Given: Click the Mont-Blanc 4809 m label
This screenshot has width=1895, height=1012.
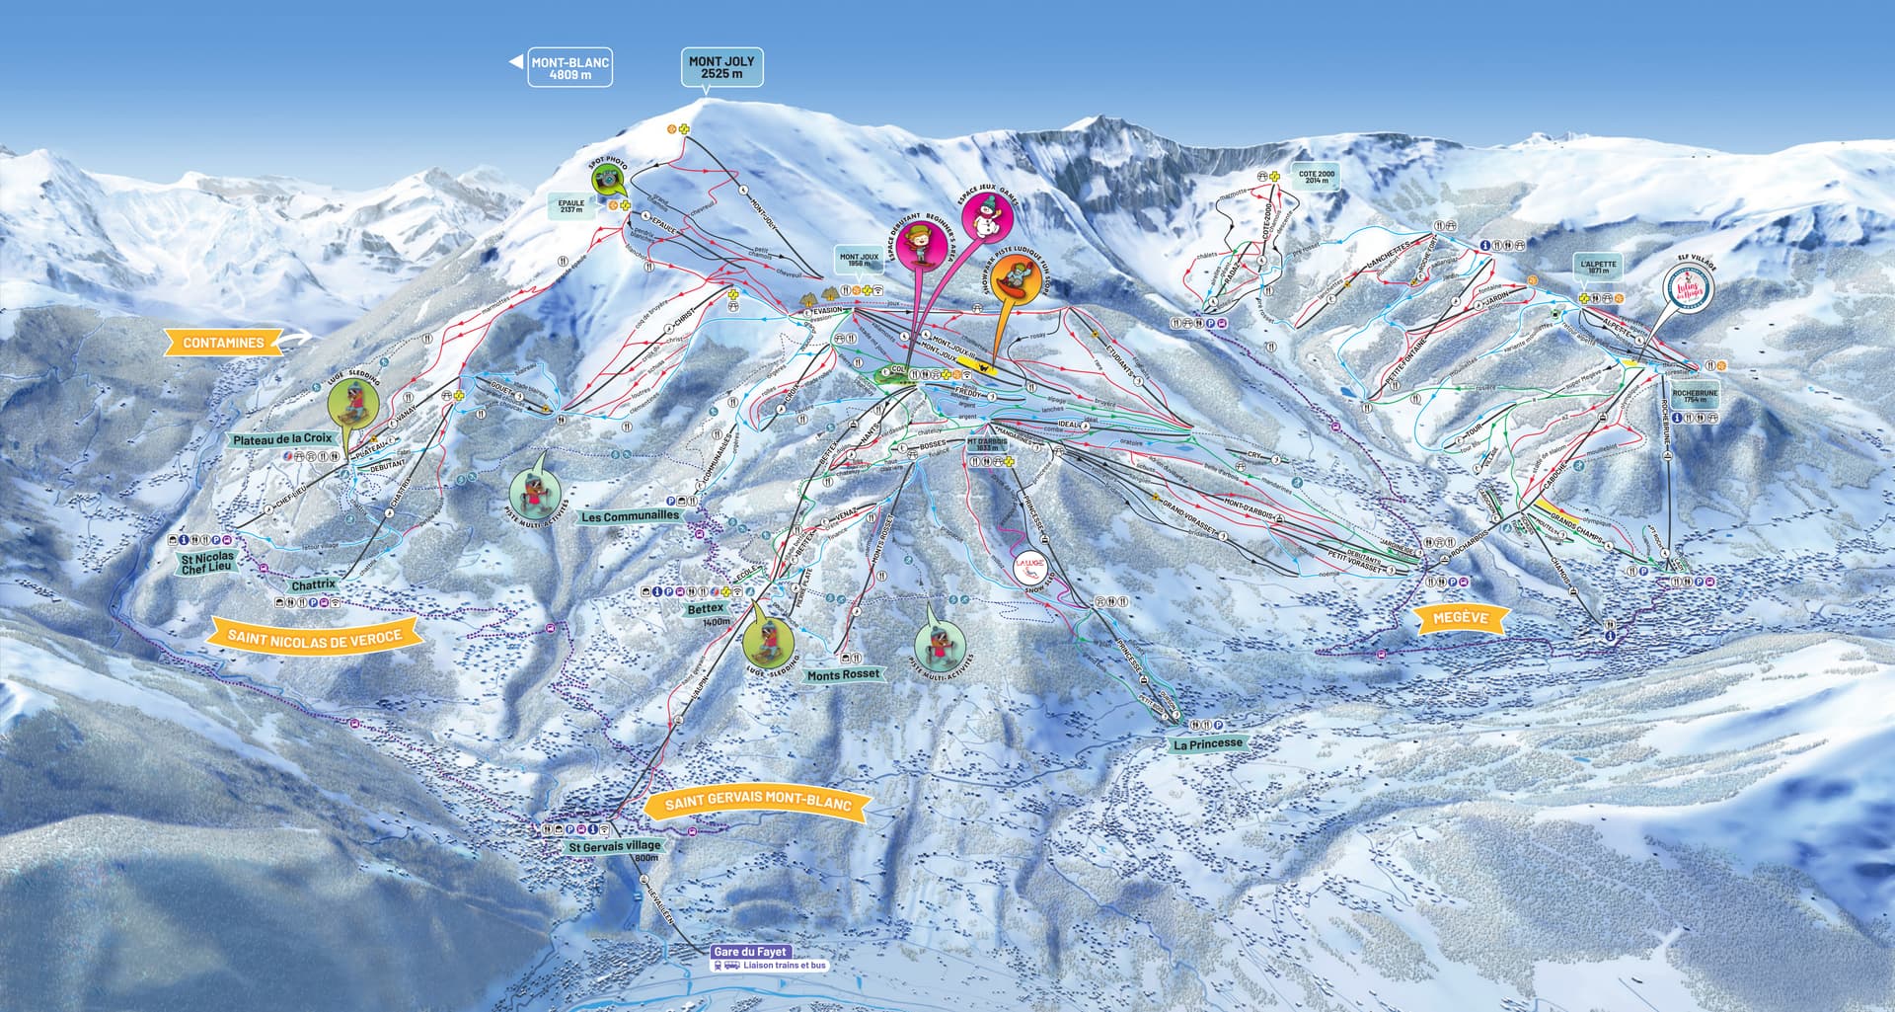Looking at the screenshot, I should click(x=570, y=67).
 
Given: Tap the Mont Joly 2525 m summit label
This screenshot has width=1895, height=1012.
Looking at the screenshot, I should click(x=720, y=67).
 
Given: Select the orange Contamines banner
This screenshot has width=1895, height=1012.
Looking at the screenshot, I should click(x=224, y=343).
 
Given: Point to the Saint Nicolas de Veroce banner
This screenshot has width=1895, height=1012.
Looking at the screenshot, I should click(x=315, y=637).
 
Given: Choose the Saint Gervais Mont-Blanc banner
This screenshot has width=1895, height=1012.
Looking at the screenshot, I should click(x=757, y=803).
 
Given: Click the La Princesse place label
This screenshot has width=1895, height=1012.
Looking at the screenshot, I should click(x=1208, y=743).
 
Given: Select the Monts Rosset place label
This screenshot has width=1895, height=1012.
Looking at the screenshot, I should click(x=843, y=674).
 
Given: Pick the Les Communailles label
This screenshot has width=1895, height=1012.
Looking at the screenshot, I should click(x=631, y=516).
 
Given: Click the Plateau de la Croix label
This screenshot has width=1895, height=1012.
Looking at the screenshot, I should click(x=283, y=438).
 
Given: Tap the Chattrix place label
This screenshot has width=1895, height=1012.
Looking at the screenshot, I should click(x=314, y=585).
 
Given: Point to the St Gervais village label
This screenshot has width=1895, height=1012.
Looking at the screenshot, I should click(x=614, y=846).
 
